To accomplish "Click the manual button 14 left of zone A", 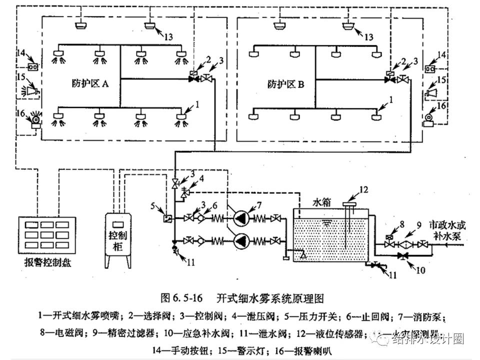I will (x=32, y=66).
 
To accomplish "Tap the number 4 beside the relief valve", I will (x=202, y=178).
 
